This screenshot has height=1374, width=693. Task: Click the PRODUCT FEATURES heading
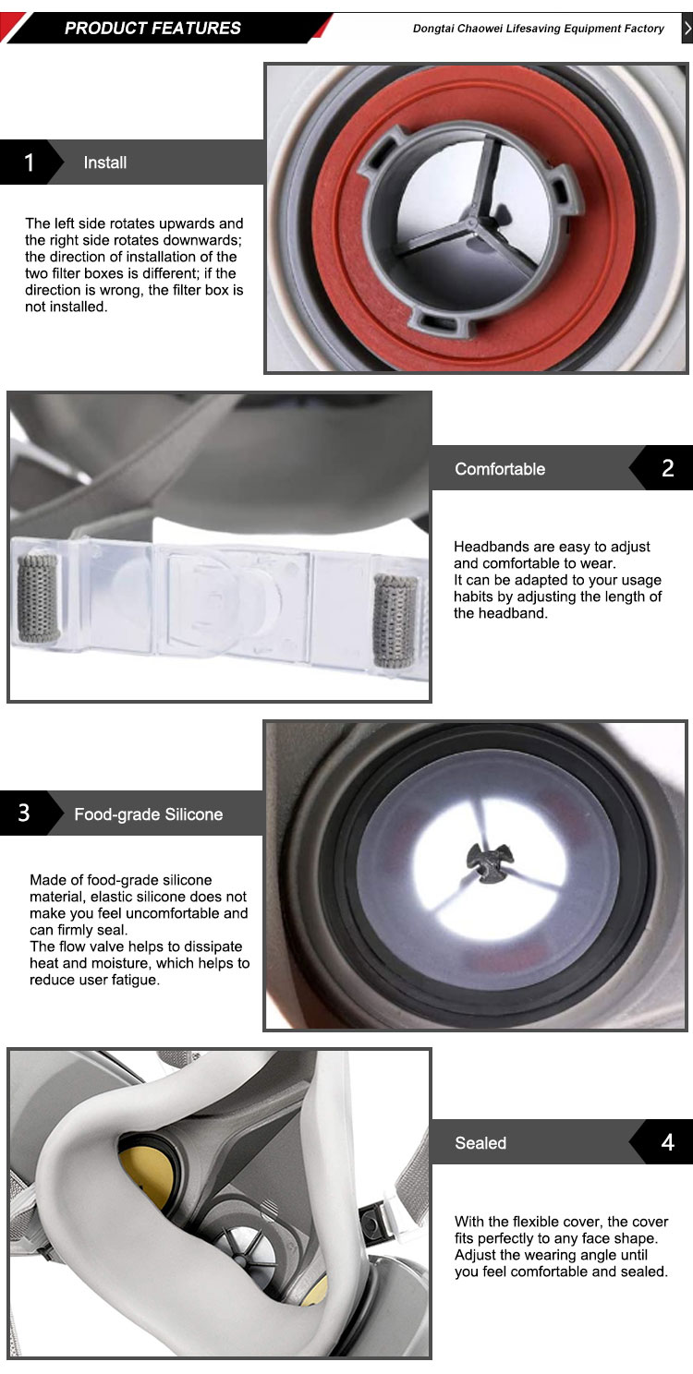(152, 29)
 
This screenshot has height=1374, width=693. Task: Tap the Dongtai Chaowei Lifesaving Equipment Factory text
(539, 29)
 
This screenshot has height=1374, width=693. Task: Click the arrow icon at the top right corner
(687, 29)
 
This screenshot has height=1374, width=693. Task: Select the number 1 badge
(29, 163)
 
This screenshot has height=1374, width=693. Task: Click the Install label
(105, 163)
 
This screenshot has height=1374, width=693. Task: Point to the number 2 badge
(668, 468)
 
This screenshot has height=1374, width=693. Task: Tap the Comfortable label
(500, 469)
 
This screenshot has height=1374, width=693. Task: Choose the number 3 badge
(25, 813)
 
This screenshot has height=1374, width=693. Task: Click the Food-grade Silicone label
(149, 814)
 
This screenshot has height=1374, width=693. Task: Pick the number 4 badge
(668, 1142)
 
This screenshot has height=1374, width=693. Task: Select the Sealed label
(480, 1143)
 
